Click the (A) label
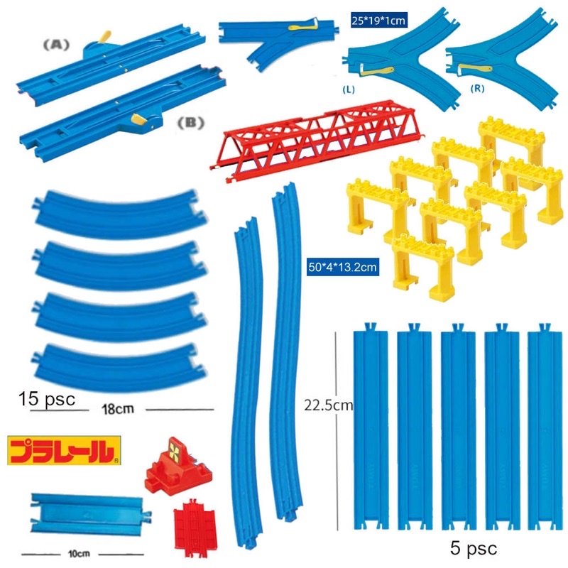(56, 45)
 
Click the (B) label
(190, 123)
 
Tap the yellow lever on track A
(105, 37)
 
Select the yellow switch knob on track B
(139, 118)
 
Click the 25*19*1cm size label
(378, 21)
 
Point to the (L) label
(349, 89)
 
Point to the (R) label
(477, 88)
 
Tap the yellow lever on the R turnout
(474, 69)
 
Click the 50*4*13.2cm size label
(343, 268)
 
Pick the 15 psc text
(47, 398)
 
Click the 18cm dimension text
(118, 409)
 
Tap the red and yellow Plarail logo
(64, 450)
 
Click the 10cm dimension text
(79, 554)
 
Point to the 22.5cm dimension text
(329, 405)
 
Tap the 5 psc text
(474, 547)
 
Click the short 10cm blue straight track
(90, 513)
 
